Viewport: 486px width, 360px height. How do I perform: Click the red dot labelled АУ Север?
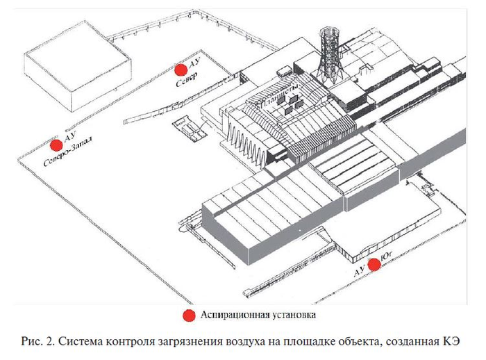[181, 69]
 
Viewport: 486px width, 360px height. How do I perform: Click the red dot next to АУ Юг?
[374, 264]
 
